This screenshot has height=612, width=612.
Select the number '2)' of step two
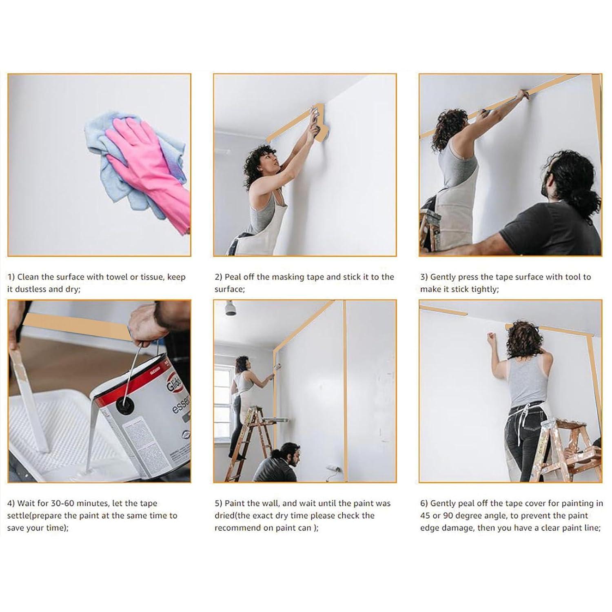(x=219, y=277)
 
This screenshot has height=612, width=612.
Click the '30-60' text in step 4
(x=65, y=503)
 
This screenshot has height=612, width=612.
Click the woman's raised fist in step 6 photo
(x=491, y=337)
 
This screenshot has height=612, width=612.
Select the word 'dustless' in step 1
(x=31, y=289)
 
